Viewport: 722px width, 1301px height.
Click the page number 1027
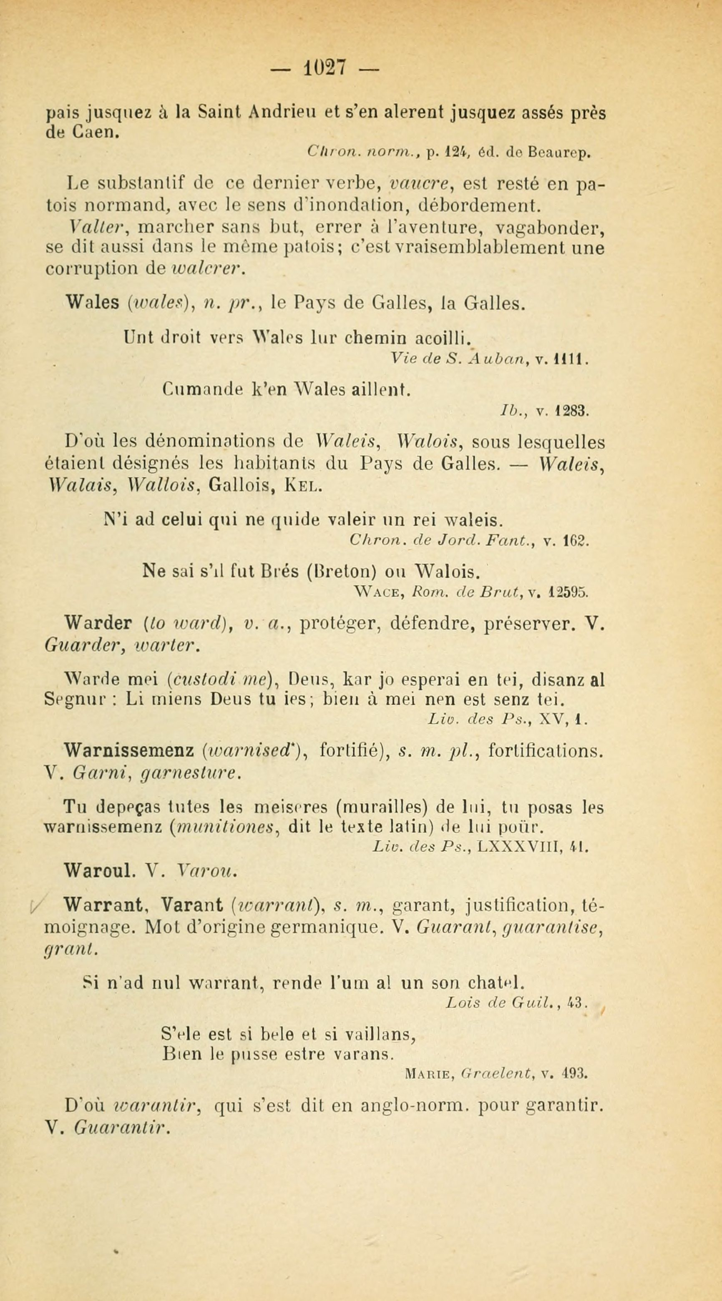(325, 68)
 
